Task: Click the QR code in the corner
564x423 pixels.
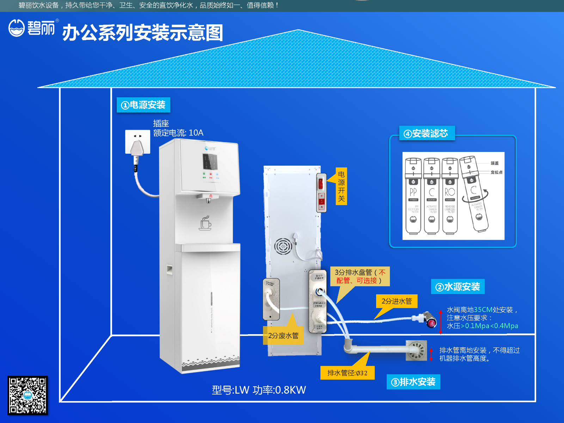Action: [27, 395]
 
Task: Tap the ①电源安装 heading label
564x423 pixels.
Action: [143, 105]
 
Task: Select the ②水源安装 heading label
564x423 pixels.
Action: [458, 287]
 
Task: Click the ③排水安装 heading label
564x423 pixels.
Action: [413, 382]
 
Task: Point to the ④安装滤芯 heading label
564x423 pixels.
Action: [427, 133]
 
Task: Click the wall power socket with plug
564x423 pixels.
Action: [137, 142]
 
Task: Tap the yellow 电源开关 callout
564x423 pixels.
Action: [341, 186]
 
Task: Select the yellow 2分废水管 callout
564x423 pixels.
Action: [283, 335]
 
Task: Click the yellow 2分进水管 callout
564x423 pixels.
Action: [397, 301]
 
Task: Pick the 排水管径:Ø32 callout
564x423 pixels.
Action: [347, 373]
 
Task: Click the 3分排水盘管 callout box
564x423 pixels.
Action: [360, 276]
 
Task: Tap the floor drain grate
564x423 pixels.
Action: [416, 350]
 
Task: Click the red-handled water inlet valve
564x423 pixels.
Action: [430, 320]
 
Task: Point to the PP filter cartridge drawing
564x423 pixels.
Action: [413, 196]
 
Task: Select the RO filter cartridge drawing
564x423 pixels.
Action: [450, 196]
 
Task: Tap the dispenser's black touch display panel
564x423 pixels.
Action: [210, 161]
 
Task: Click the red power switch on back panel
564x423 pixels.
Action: [321, 183]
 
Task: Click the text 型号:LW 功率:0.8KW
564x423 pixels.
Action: [259, 390]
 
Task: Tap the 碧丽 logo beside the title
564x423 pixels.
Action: [32, 28]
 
